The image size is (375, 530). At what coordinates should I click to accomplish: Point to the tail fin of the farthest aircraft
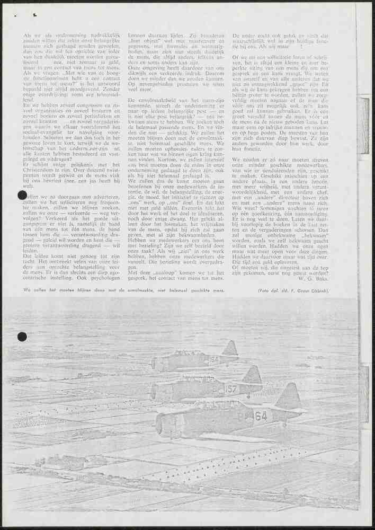(x=230, y=349)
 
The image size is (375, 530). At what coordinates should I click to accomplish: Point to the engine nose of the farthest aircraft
(x=154, y=363)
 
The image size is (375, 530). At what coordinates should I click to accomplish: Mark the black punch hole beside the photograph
(x=22, y=337)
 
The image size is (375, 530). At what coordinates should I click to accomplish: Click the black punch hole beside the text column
(x=22, y=195)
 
